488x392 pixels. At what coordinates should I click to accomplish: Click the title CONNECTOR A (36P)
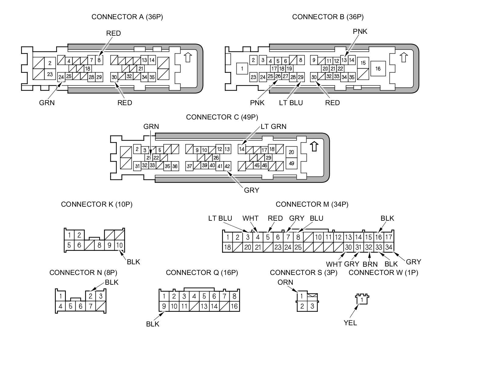coord(127,17)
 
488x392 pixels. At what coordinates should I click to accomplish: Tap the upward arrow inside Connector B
coord(404,57)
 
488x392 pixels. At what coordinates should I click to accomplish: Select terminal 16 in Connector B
coord(378,69)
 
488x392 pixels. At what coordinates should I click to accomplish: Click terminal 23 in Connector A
coord(50,74)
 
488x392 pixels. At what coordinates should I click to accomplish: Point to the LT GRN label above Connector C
coord(273,126)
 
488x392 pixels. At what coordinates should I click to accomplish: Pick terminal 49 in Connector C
coord(291,163)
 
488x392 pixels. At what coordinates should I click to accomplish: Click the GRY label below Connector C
coord(251,190)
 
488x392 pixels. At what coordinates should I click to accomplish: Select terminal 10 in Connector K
coord(119,245)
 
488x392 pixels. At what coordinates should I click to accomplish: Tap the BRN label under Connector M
coord(370,264)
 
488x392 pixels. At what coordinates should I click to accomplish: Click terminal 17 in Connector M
coord(388,237)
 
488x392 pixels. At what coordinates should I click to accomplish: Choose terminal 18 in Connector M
coord(227,247)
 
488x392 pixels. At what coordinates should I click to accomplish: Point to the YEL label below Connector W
coord(350,323)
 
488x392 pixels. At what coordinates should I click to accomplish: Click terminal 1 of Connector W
coord(362,300)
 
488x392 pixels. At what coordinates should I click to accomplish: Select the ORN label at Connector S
coord(285,282)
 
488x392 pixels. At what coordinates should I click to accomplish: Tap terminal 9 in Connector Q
coord(164,306)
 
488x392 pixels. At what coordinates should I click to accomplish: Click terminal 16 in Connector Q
coord(234,306)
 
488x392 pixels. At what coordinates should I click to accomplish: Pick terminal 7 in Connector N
coord(90,306)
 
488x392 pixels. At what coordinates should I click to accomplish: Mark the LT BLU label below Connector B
coord(291,103)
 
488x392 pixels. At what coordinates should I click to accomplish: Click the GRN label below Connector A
coord(47,103)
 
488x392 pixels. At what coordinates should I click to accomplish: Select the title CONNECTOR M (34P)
coord(312,204)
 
